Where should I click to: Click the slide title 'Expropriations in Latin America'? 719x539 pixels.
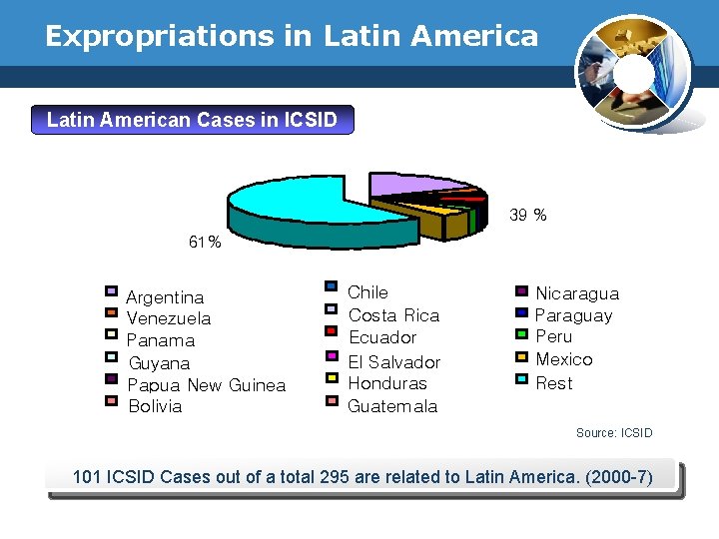(292, 37)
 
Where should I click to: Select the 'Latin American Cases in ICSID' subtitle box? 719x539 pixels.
(192, 121)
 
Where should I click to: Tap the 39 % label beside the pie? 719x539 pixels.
(528, 215)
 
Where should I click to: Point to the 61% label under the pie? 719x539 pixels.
(205, 243)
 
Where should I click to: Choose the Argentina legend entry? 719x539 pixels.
(165, 297)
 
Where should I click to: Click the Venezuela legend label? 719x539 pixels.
(169, 319)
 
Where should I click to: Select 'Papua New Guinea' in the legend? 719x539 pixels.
(207, 385)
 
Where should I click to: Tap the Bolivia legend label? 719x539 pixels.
(155, 407)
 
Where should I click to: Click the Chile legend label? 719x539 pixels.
(367, 292)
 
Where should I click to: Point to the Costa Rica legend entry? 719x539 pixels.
(393, 315)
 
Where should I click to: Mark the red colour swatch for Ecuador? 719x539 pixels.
(331, 330)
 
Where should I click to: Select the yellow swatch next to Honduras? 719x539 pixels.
(331, 377)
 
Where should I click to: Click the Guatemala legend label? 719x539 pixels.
(391, 406)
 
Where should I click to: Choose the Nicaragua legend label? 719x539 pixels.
(577, 293)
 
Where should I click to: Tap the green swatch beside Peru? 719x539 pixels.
(521, 334)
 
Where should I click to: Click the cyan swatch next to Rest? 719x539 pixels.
(521, 378)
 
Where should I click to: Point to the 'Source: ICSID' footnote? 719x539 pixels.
(614, 433)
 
